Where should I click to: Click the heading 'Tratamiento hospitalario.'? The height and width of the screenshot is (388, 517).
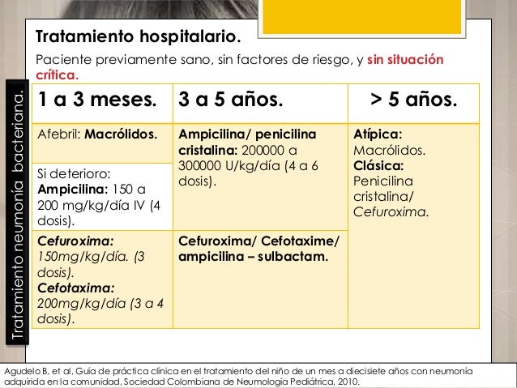click(139, 38)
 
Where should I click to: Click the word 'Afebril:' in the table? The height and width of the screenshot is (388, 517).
click(59, 134)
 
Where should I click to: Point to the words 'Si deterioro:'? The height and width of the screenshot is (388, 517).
click(75, 173)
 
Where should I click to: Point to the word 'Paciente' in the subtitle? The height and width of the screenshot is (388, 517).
click(62, 61)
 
